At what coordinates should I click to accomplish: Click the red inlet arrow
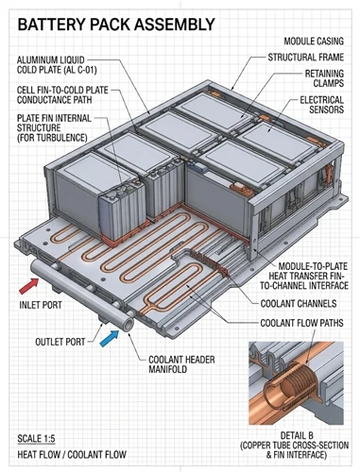[29, 286]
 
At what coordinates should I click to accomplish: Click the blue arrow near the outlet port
[110, 338]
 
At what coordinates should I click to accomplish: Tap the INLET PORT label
[41, 305]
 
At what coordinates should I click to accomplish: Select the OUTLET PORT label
[60, 342]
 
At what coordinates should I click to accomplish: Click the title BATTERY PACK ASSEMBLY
[116, 25]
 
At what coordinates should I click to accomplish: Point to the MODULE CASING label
[314, 42]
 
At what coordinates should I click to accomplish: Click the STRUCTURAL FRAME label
[306, 58]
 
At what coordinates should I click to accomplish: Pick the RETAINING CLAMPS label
[324, 78]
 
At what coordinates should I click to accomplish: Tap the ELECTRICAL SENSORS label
[321, 105]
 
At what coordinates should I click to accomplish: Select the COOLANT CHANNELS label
[299, 304]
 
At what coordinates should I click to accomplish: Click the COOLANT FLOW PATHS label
[301, 323]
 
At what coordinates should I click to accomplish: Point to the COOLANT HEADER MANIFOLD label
[181, 364]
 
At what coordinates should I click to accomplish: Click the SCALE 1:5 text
[36, 439]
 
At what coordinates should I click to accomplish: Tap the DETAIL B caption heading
[297, 435]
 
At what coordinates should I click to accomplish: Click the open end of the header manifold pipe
[128, 325]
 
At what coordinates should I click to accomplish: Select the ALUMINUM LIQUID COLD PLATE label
[57, 65]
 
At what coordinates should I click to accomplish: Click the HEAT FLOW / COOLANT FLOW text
[72, 455]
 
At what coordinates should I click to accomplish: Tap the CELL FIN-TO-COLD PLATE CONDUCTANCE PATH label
[62, 95]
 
